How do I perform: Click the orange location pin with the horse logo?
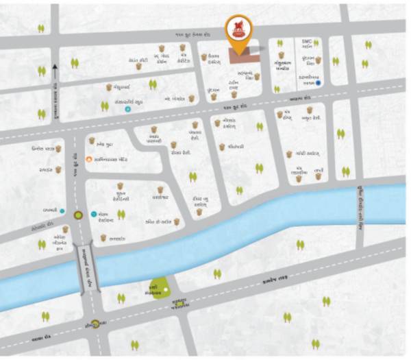(238, 32)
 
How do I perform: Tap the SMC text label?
(307, 42)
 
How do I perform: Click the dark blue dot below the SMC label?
(319, 84)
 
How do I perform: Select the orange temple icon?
(87, 159)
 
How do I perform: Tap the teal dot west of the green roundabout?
(63, 211)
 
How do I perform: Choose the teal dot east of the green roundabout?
(95, 215)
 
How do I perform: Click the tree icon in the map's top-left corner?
(41, 29)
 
